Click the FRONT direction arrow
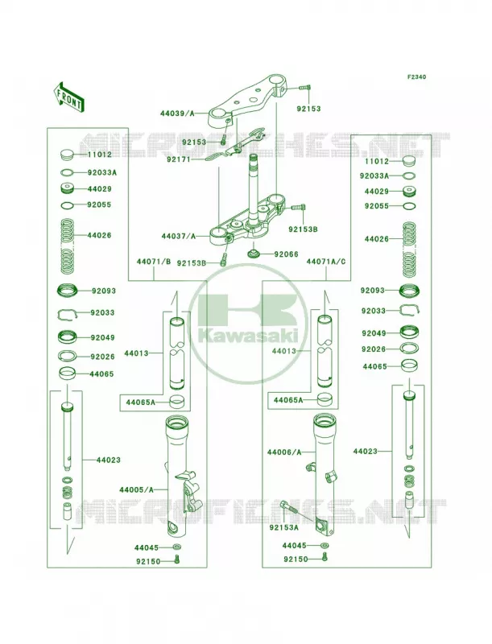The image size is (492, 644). [68, 96]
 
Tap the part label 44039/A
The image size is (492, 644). [177, 114]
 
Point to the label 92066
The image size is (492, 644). [287, 254]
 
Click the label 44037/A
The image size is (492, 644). [179, 236]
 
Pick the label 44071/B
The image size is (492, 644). [154, 261]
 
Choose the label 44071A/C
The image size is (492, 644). [326, 261]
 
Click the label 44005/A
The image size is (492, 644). [137, 489]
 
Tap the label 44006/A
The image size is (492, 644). [284, 452]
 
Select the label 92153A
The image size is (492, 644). [283, 527]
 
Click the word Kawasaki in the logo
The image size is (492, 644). [248, 337]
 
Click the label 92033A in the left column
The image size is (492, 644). [101, 172]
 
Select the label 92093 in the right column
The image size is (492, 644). [373, 291]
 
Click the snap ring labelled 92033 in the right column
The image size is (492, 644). [408, 310]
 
